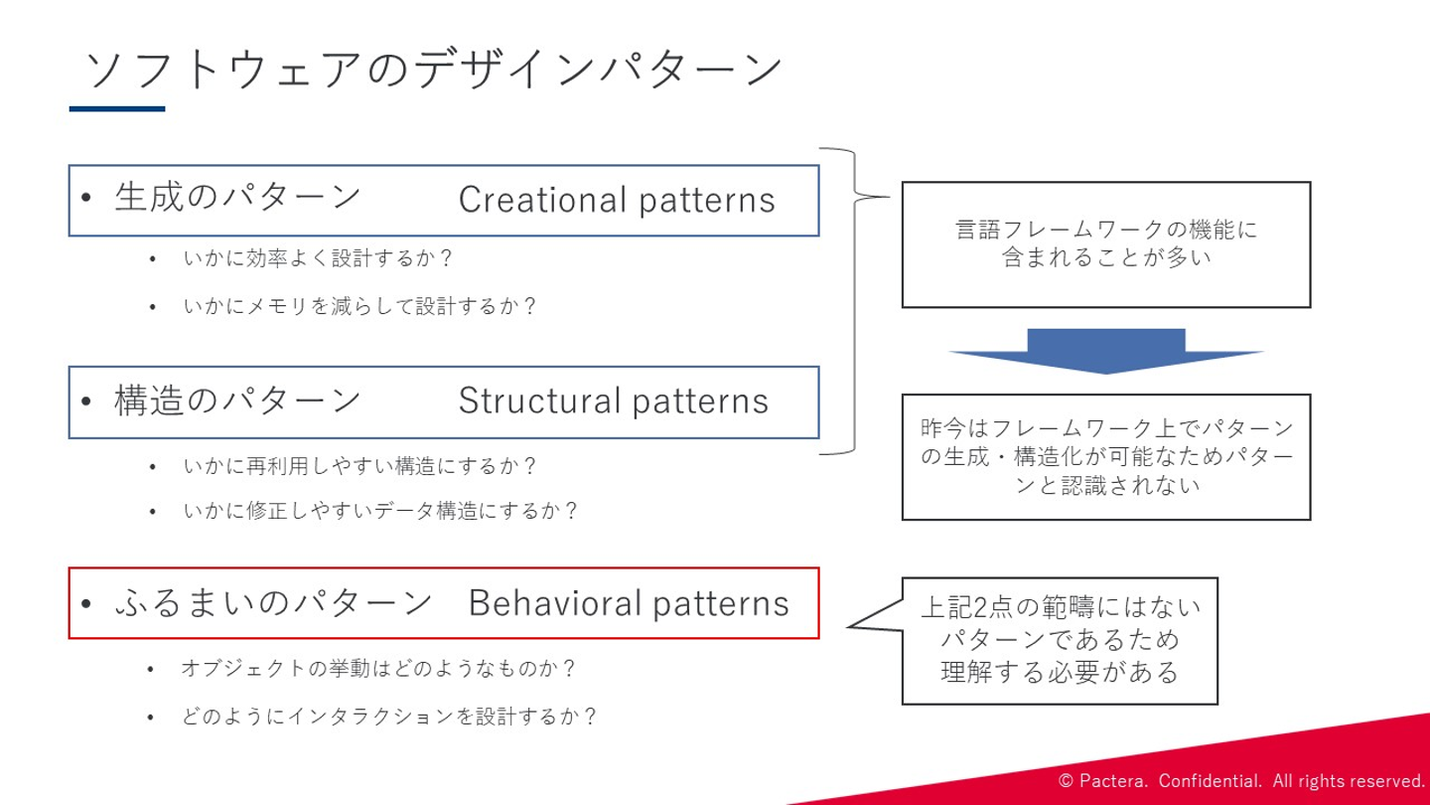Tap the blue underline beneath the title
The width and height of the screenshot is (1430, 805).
[x=117, y=109]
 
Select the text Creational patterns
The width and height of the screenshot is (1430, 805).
[x=617, y=200]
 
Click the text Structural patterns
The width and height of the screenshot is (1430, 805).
[x=614, y=402]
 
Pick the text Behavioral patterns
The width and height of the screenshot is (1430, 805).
[x=629, y=603]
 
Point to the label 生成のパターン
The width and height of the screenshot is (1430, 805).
[x=238, y=197]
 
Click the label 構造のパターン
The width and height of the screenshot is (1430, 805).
[x=238, y=401]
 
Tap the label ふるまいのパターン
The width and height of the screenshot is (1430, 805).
[x=274, y=602]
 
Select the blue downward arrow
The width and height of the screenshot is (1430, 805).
[x=1106, y=352]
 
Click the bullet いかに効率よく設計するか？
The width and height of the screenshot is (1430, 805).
[x=318, y=258]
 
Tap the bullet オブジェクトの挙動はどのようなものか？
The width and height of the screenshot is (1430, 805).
[x=379, y=668]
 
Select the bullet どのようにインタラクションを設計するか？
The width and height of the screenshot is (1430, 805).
[x=389, y=717]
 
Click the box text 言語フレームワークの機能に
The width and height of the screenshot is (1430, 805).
[x=1106, y=230]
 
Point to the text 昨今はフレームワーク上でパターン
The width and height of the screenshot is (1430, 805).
[x=1107, y=428]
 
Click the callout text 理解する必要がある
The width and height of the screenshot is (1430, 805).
[x=1060, y=672]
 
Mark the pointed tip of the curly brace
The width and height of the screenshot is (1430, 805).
[x=890, y=197]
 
